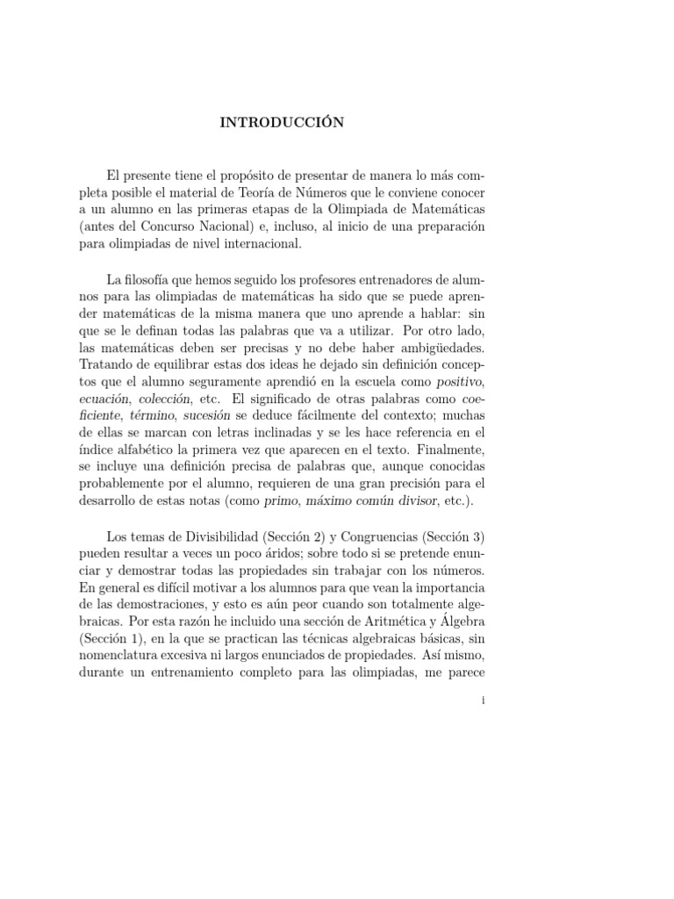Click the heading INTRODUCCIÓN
pyautogui.click(x=282, y=124)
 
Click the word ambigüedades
pyautogui.click(x=444, y=350)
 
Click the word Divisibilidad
pyautogui.click(x=222, y=536)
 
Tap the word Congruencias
pyautogui.click(x=389, y=536)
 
